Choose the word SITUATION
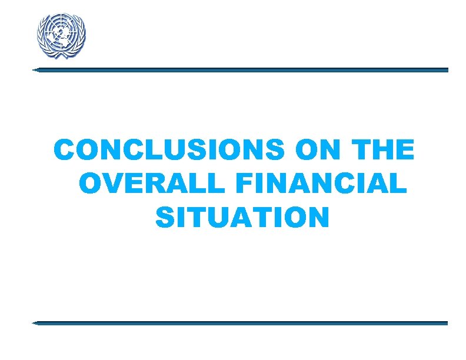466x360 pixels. click(242, 218)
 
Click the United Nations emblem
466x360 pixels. click(61, 35)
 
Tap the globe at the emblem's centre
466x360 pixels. click(61, 34)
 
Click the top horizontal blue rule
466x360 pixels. click(241, 69)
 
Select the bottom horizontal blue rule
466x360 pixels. click(241, 323)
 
